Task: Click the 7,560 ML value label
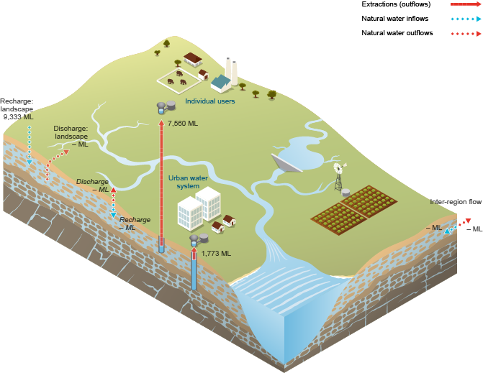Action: tap(182, 124)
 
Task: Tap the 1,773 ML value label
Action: tap(216, 253)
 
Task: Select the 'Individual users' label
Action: tap(209, 101)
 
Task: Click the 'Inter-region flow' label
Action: tap(456, 202)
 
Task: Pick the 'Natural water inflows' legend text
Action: tap(390, 19)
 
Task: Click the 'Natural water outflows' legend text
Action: tap(392, 33)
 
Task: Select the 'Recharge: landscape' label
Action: tap(17, 104)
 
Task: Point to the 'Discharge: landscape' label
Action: tap(71, 136)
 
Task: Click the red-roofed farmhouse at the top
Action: tap(193, 58)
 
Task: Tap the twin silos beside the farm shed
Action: tap(233, 70)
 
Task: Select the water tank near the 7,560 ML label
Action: tap(166, 106)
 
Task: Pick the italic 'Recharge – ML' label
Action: tap(135, 223)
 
